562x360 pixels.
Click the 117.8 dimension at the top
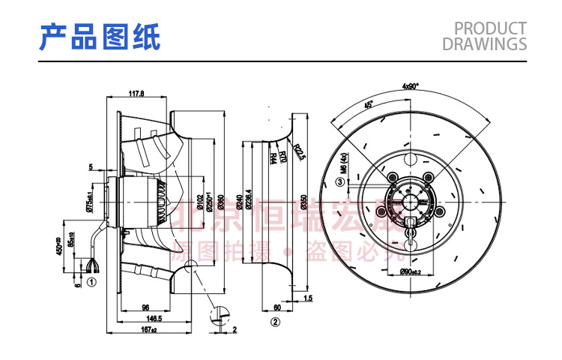click(x=136, y=94)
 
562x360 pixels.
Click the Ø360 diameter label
click(x=221, y=201)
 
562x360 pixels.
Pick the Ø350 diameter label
click(x=303, y=201)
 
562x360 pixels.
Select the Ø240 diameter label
click(x=240, y=201)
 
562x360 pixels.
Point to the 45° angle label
click(x=369, y=105)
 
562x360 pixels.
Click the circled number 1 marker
click(x=91, y=283)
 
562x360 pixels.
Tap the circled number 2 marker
click(x=275, y=322)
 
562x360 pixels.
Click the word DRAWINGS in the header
click(x=484, y=44)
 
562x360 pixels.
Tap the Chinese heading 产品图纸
click(x=100, y=37)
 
